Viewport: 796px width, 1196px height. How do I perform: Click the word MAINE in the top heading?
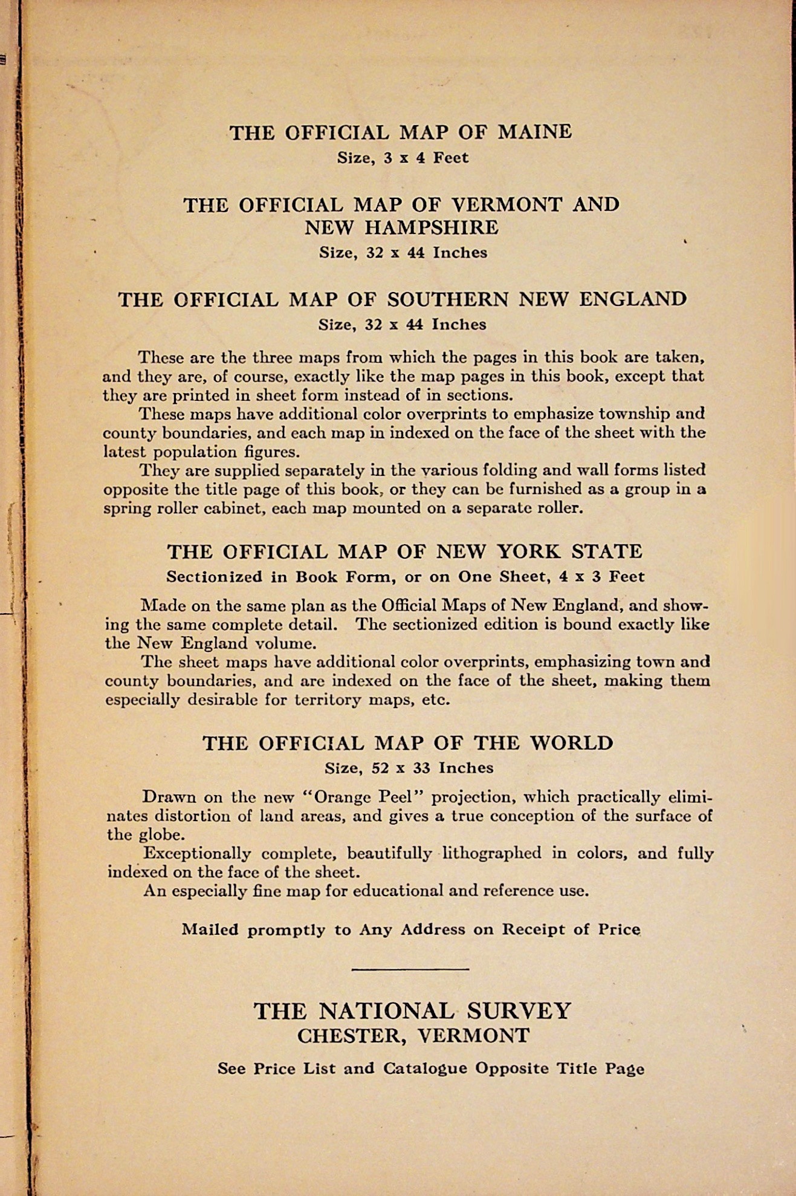click(534, 132)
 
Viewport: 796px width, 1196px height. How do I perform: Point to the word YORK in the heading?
click(529, 551)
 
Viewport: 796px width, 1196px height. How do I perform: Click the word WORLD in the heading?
click(571, 743)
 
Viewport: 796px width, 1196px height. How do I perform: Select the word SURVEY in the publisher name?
click(519, 1010)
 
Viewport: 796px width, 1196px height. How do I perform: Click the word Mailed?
click(210, 929)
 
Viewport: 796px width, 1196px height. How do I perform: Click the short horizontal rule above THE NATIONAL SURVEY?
click(410, 969)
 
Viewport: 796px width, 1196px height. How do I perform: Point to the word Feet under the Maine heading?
click(451, 158)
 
